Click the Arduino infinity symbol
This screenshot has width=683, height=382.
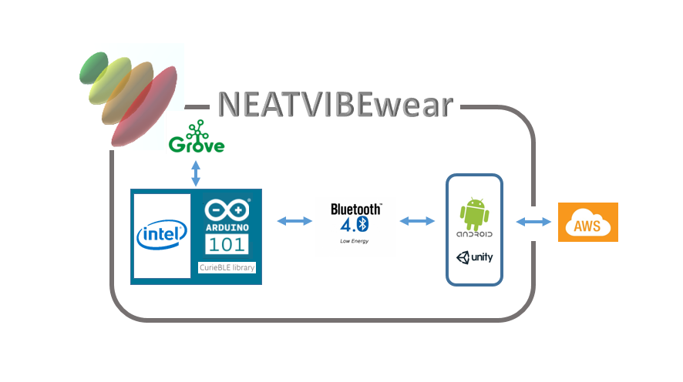tap(228, 211)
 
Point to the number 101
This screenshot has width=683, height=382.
tap(227, 245)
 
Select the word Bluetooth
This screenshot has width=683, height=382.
tap(356, 209)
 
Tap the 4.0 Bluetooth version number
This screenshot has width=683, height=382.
tap(355, 224)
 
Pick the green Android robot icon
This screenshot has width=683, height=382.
tap(474, 212)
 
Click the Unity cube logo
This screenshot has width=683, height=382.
tap(464, 258)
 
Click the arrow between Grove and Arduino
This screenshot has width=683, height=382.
tap(196, 173)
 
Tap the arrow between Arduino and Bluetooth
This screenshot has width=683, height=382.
tap(294, 222)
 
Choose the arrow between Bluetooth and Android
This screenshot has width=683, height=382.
tap(417, 222)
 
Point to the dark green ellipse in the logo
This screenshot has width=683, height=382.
tap(93, 67)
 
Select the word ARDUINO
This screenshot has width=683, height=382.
tap(227, 228)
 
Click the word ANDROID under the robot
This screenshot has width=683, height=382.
tap(475, 234)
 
